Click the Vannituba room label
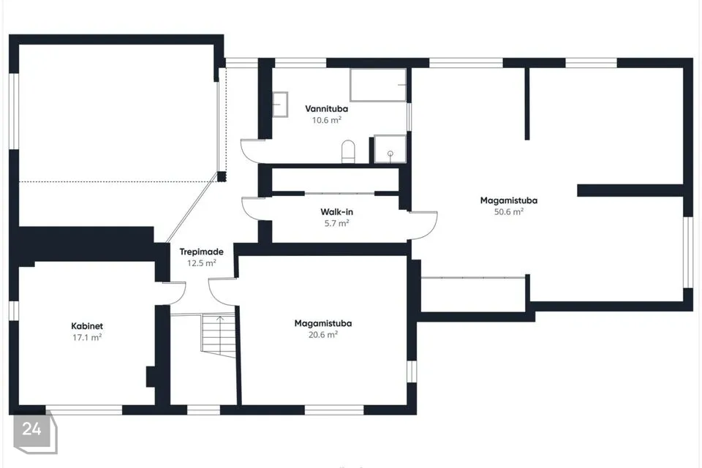click(326, 109)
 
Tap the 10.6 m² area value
click(326, 120)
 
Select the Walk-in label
click(336, 212)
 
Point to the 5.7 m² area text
click(336, 223)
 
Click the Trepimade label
click(202, 252)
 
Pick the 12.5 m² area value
click(202, 263)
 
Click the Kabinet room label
click(87, 326)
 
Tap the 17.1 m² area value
click(87, 337)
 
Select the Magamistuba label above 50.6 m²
click(509, 200)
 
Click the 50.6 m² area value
click(509, 212)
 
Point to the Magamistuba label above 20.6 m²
click(322, 323)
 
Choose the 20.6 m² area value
click(322, 334)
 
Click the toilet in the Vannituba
click(348, 152)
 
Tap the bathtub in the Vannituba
click(378, 85)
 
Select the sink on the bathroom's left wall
click(280, 105)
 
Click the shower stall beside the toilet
click(390, 148)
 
